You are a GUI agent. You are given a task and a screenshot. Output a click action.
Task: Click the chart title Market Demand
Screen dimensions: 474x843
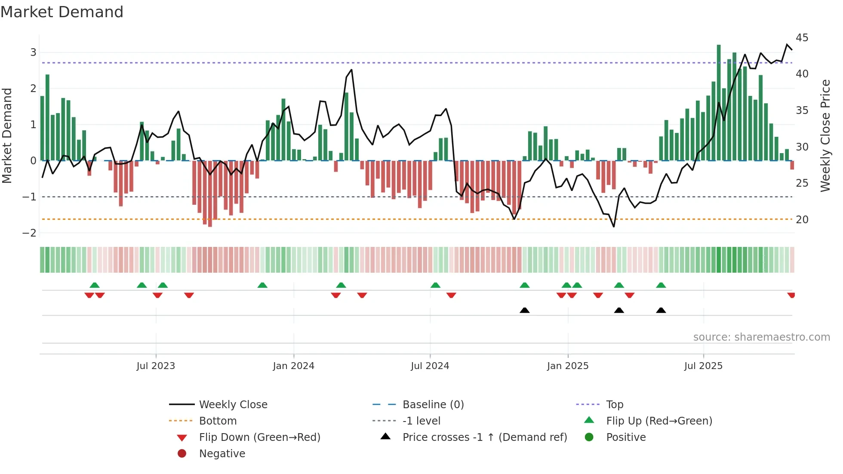(x=62, y=12)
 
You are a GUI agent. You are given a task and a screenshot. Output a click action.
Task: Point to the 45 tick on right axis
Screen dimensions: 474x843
(x=802, y=38)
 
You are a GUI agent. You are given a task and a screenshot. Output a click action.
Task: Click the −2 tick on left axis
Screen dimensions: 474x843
(x=29, y=233)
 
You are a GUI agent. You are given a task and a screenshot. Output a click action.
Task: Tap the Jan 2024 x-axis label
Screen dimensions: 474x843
(x=293, y=366)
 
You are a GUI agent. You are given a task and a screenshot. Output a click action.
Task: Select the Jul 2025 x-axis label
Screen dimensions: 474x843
(x=703, y=366)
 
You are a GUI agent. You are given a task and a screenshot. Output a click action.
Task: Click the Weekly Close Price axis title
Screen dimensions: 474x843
(x=825, y=135)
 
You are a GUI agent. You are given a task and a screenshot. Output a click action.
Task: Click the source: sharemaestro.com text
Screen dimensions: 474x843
(x=761, y=337)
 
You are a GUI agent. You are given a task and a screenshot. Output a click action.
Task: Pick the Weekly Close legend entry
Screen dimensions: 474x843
(x=233, y=405)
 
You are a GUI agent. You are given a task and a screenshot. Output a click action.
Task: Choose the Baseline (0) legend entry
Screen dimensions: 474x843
(x=433, y=405)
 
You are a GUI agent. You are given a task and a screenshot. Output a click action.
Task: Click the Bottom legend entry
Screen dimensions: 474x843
(x=218, y=421)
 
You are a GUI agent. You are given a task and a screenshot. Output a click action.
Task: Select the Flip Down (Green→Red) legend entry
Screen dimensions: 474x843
(x=259, y=437)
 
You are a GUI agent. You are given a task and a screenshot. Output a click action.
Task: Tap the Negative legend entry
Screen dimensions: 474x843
(x=222, y=454)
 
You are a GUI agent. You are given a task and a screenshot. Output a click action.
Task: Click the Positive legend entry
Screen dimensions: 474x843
(x=626, y=437)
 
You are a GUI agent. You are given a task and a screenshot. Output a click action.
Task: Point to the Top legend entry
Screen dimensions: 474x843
(x=614, y=405)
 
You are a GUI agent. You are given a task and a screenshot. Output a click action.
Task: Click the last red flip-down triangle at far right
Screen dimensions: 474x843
(x=791, y=295)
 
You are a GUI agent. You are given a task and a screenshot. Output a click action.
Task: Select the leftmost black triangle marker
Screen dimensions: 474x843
(x=524, y=310)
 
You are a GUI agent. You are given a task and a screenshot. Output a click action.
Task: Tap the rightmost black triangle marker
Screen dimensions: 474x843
(x=661, y=310)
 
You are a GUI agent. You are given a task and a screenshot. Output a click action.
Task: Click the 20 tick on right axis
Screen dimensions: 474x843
(x=802, y=220)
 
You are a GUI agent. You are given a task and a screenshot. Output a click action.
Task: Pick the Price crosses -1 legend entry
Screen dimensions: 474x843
(x=484, y=437)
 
